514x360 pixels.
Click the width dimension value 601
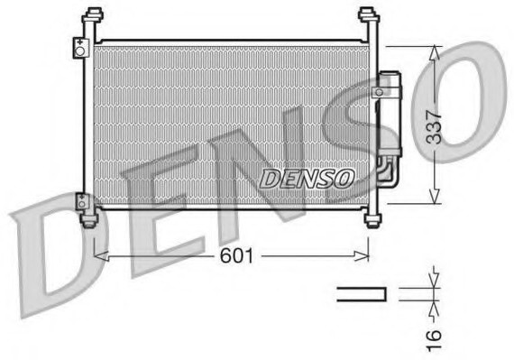click(236, 256)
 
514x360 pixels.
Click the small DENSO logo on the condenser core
click(307, 179)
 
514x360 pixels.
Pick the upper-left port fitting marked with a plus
click(81, 47)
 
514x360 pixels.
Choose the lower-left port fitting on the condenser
click(82, 201)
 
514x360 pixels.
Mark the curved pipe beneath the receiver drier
click(388, 171)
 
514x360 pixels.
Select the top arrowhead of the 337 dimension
click(435, 52)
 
